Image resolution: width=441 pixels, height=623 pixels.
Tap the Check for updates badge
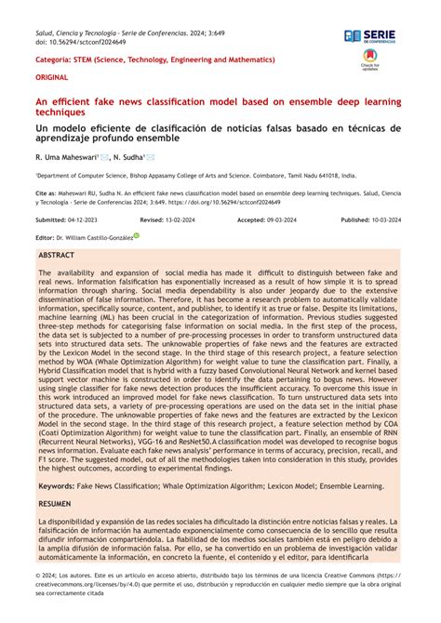(x=370, y=61)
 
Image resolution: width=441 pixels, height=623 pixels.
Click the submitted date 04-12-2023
(x=81, y=219)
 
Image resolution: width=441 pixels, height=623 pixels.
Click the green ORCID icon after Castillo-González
(x=137, y=236)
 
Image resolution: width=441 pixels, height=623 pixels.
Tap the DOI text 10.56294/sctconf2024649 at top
(x=78, y=42)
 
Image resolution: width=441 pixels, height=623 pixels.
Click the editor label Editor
(x=45, y=237)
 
